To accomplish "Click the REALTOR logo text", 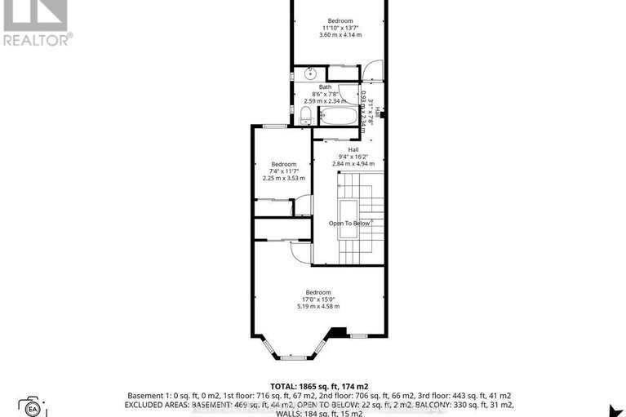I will (x=37, y=38).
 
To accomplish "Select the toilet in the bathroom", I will (x=306, y=120).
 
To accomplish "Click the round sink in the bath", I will (x=311, y=74).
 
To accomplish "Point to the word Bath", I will (x=325, y=87).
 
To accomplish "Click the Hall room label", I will (x=353, y=150).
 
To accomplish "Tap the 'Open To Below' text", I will (x=350, y=223).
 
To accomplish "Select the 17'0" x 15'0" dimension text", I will (x=318, y=299).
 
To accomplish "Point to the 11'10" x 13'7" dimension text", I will (x=340, y=28).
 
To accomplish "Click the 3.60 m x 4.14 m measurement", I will (x=340, y=35).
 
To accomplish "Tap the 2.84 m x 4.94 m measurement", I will (x=353, y=164).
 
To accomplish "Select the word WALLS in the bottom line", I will (x=275, y=413).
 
